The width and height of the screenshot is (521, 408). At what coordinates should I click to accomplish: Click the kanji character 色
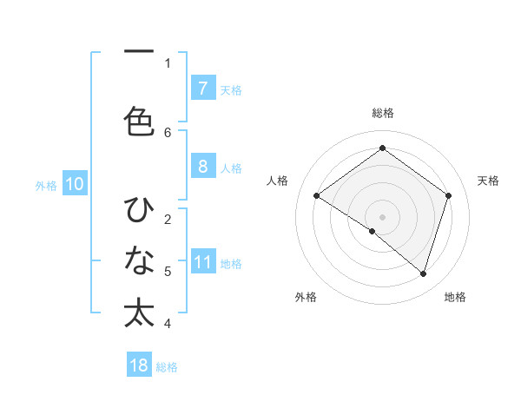tap(139, 120)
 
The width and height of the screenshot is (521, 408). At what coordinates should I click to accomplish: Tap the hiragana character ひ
tap(139, 210)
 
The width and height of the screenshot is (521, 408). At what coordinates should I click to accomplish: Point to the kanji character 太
tap(139, 313)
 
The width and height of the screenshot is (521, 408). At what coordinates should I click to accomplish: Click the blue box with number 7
tap(202, 88)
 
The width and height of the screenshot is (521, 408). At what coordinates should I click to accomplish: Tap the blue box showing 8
tap(202, 167)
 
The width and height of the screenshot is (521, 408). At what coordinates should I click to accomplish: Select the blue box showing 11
tap(202, 262)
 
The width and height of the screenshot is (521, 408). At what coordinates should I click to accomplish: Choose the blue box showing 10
tap(74, 184)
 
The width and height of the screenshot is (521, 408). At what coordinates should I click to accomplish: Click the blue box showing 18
tap(139, 365)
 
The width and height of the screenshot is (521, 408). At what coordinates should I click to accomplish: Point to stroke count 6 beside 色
tap(168, 132)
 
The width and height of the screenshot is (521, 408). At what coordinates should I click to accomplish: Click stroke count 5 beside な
tap(168, 272)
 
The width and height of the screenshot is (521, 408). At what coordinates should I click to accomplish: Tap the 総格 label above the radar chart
tap(382, 113)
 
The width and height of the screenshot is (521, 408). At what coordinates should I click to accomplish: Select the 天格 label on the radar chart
tap(488, 181)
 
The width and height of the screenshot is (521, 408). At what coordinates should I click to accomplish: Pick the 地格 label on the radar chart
tap(455, 297)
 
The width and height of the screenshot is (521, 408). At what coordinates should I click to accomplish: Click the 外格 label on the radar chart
tap(306, 297)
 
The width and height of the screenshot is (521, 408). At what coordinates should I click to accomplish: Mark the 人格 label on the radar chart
tap(278, 181)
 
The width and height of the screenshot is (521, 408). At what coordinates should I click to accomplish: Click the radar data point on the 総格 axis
tap(382, 148)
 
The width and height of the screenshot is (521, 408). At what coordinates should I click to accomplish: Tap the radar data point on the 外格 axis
tap(373, 231)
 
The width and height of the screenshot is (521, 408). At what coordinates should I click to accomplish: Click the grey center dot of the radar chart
tap(382, 216)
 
